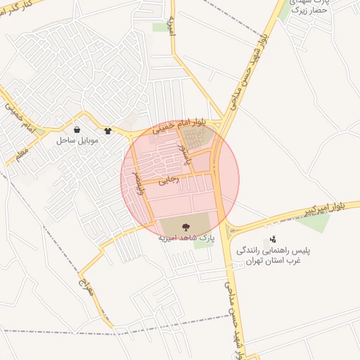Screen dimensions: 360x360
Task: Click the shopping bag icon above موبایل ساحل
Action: point(77,130)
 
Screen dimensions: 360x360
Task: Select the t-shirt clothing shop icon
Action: point(108,130)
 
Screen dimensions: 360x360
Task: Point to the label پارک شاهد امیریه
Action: point(186,238)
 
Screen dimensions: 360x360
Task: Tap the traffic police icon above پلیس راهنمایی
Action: point(273,240)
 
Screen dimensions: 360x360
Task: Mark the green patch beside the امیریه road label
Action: point(161,27)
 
